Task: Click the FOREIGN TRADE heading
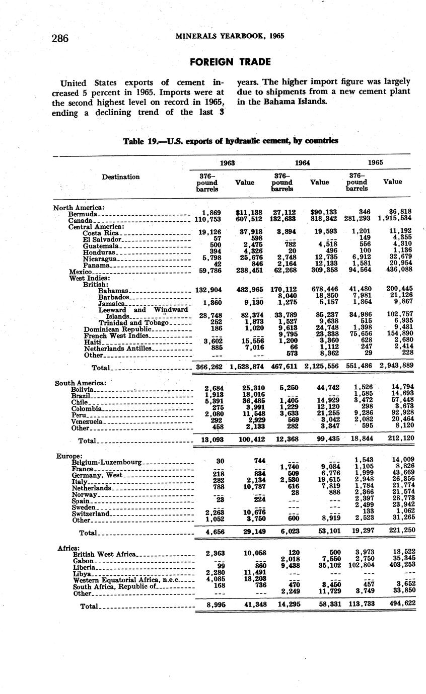(230, 62)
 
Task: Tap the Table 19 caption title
(230, 141)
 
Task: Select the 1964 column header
(302, 162)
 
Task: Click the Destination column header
(121, 177)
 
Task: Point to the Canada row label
(80, 220)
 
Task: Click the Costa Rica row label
(100, 233)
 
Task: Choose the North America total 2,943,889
(396, 366)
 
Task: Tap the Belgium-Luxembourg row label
(107, 462)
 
